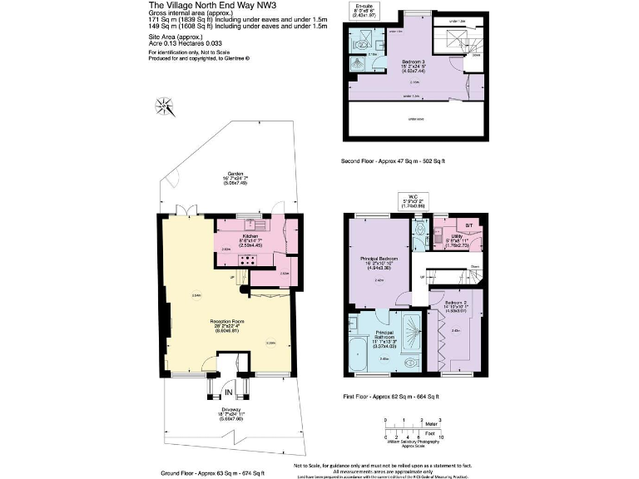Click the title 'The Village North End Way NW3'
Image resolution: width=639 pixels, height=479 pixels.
click(x=206, y=5)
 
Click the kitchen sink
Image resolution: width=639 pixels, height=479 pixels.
click(x=250, y=225)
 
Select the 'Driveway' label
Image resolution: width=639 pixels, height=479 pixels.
click(x=228, y=413)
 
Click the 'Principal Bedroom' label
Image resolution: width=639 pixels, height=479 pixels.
click(x=379, y=259)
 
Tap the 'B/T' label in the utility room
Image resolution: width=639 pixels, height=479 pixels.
click(x=468, y=225)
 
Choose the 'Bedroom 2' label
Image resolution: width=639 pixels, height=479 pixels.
click(x=460, y=303)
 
